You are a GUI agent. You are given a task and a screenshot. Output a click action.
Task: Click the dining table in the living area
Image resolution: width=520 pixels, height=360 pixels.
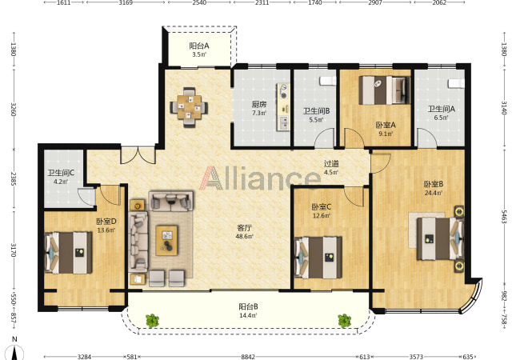click(189, 107)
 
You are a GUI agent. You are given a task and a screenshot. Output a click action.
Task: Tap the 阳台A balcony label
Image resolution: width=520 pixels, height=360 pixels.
click(199, 46)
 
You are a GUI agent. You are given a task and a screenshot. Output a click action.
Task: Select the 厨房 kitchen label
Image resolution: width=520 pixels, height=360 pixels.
click(259, 105)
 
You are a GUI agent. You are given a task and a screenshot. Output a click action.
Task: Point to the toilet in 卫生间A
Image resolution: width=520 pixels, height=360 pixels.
click(456, 83)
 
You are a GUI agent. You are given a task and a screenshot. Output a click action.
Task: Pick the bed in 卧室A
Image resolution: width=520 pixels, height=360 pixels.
click(385, 90)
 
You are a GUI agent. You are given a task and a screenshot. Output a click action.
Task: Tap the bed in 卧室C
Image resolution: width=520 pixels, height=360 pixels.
click(318, 258)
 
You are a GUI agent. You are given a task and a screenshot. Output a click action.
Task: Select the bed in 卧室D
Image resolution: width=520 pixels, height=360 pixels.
click(68, 253)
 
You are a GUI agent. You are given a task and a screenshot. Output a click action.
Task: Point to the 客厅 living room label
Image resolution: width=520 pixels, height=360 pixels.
click(245, 228)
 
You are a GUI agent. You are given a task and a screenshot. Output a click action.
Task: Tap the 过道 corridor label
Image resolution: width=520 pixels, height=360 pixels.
click(331, 163)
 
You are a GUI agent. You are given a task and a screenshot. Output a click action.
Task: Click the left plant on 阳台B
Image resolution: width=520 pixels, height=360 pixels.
click(152, 321)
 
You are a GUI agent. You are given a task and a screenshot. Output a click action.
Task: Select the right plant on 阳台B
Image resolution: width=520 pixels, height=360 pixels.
click(345, 321)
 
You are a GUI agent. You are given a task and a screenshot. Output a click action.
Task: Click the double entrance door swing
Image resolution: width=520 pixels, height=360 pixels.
click(138, 156)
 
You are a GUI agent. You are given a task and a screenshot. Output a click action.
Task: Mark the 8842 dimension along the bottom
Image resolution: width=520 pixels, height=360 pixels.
click(248, 357)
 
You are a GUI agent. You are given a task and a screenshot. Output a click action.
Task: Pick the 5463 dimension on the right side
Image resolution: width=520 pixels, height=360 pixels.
click(504, 216)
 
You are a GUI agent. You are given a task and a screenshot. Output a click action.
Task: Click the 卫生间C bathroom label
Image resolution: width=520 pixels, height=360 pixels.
click(61, 173)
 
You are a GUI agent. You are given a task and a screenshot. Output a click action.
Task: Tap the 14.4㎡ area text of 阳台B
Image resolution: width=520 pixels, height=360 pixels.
click(248, 315)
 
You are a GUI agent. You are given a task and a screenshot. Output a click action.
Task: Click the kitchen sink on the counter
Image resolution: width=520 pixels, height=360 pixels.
click(284, 122)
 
